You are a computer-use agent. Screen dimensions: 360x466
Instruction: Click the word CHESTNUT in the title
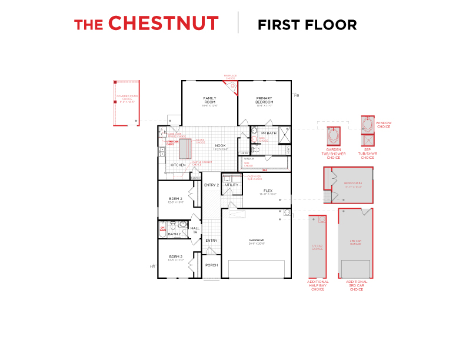[164, 24]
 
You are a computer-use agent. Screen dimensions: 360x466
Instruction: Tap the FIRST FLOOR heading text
[307, 25]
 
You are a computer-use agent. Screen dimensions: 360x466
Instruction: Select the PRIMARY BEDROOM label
[265, 100]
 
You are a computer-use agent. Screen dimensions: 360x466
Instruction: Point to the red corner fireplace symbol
[234, 86]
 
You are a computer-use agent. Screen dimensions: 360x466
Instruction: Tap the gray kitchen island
[184, 148]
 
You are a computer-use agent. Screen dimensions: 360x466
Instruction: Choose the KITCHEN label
[178, 165]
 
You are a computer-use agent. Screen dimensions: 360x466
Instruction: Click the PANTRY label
[195, 177]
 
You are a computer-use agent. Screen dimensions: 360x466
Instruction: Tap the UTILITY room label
[231, 185]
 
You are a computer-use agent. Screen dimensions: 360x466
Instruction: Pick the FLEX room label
[268, 191]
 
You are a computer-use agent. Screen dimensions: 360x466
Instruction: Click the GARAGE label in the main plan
[257, 240]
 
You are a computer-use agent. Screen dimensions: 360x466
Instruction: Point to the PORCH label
[211, 265]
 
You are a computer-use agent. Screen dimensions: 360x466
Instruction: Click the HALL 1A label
[195, 229]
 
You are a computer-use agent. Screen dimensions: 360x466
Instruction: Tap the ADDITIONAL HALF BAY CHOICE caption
[318, 285]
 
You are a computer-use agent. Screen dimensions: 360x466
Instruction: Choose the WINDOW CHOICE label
[384, 125]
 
